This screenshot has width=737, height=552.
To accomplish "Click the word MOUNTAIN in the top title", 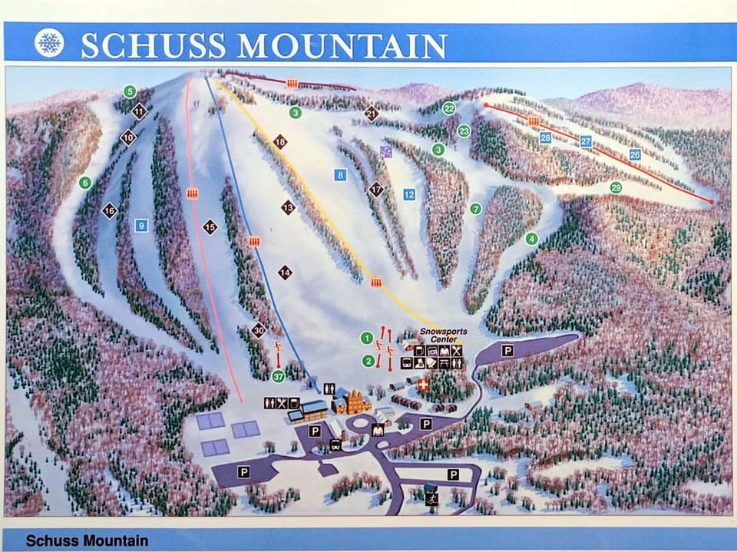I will (342, 45).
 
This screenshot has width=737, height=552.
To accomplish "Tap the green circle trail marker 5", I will (130, 91).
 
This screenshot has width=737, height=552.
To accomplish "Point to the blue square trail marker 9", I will (140, 226).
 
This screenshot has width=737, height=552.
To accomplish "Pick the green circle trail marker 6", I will (84, 183).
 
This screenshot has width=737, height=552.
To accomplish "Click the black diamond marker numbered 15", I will (210, 226).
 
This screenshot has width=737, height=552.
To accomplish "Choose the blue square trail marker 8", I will (340, 175).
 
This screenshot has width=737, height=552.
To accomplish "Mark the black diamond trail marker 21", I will (372, 114).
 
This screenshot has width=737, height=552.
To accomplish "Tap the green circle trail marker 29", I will (616, 187).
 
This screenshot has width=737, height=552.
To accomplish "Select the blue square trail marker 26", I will (635, 154).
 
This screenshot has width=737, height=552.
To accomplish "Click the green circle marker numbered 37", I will (278, 375).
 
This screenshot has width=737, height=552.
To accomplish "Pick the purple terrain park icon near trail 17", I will (386, 151).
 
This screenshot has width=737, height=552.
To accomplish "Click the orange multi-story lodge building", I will (355, 401).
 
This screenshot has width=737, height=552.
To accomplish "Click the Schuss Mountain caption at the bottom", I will (87, 540).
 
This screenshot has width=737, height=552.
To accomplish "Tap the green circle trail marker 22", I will (449, 108).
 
